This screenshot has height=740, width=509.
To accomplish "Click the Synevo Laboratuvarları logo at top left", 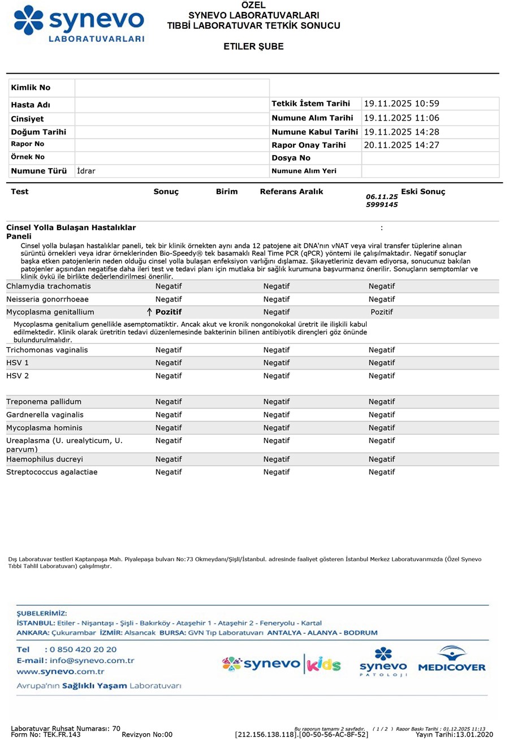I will pos(79,23).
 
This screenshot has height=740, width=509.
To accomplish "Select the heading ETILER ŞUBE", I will pos(253,46).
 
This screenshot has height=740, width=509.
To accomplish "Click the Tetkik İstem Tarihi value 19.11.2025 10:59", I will pos(402,104).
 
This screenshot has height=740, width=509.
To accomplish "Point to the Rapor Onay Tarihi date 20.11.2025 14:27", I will pos(402,145).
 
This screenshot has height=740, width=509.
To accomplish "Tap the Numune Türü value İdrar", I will pos(87,170).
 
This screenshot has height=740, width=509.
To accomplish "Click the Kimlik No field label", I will pos(31,88).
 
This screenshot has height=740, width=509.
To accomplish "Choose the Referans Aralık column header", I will pos(291,192).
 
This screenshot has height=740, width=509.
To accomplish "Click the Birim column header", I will pos(227,192).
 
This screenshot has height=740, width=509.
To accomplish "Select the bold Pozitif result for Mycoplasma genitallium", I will pos(169,312).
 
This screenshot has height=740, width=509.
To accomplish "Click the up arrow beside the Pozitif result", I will pos(150,312).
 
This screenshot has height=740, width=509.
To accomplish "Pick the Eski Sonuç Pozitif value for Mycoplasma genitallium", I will pos(382,312).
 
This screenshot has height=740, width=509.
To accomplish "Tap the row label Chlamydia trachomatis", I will pos(48,286).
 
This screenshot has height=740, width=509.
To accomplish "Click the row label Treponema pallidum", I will pos(44,402).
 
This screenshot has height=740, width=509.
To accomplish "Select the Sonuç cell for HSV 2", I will pos(169,376).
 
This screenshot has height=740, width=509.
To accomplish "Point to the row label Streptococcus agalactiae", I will pos(51,472).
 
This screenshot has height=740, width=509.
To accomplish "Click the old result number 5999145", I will pos(382,205).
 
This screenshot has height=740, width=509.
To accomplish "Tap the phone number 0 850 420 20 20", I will pos(80,649).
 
